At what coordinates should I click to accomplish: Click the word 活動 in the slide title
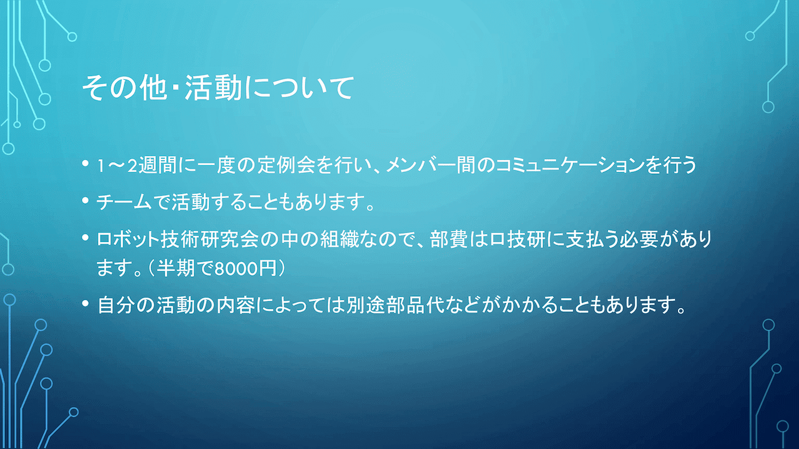(x=213, y=87)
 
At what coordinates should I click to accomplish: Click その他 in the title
(x=124, y=87)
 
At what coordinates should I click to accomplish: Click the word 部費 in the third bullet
(x=449, y=239)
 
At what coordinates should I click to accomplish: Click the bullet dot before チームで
(x=86, y=200)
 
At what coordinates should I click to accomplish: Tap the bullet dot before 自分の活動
(x=86, y=304)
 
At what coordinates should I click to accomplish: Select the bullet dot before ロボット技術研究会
(x=86, y=237)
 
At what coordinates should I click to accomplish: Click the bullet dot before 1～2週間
(x=86, y=163)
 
